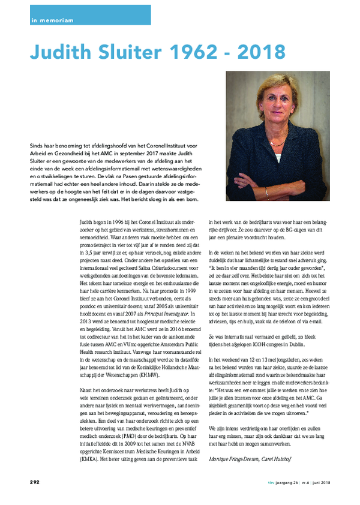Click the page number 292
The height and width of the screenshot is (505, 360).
[35, 482]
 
